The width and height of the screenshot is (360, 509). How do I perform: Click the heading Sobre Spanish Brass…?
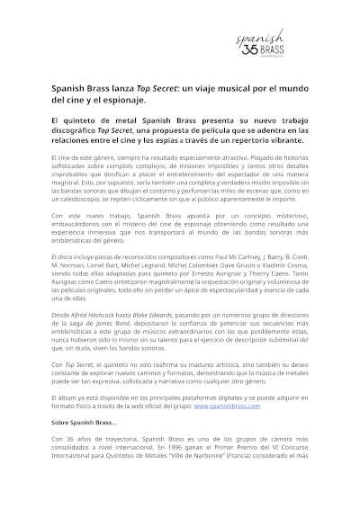84,422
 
